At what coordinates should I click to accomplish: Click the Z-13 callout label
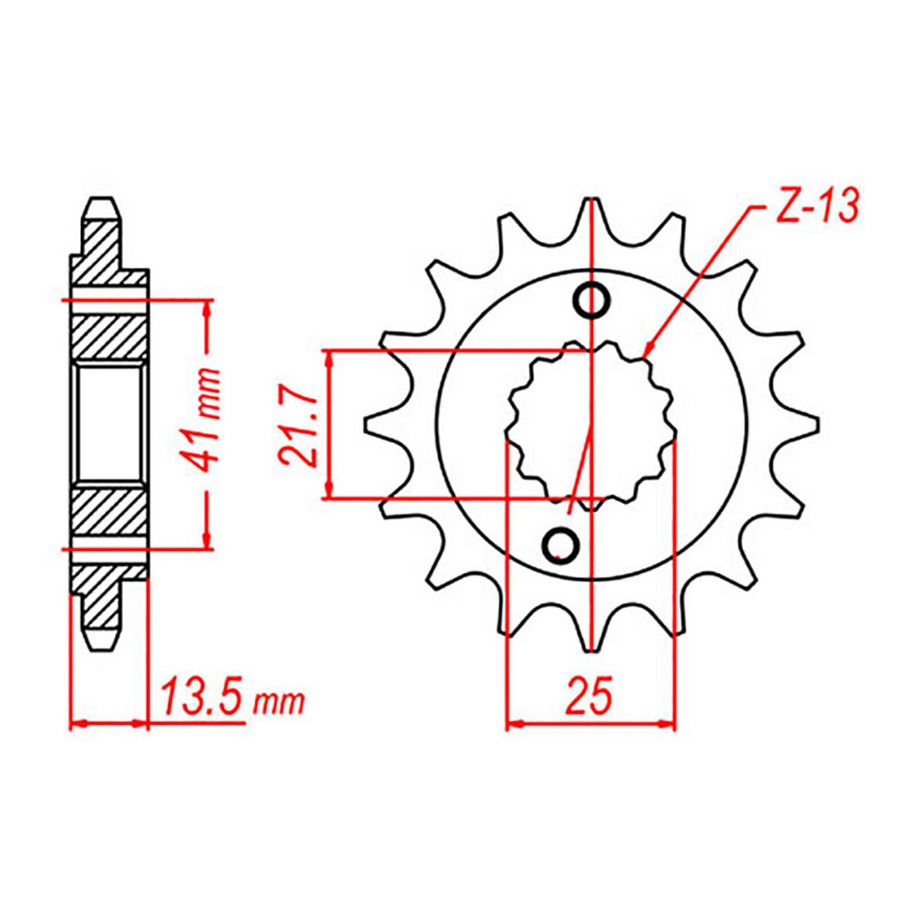(x=816, y=205)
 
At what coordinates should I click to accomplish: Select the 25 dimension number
(x=589, y=696)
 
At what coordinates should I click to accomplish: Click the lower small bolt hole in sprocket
(x=560, y=544)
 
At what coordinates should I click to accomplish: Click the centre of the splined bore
(x=591, y=425)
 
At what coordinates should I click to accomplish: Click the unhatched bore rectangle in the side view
(x=109, y=425)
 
